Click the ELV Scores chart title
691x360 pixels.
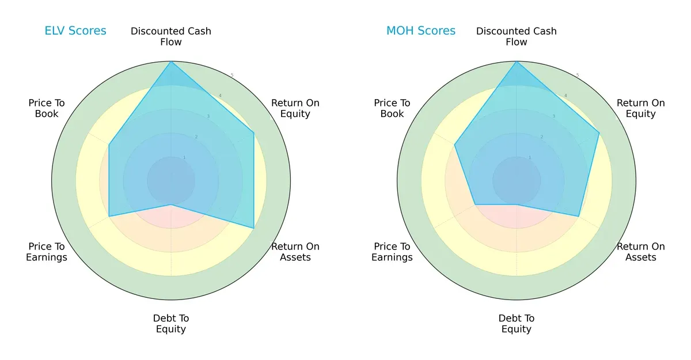tap(75, 31)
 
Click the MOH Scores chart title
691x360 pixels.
tap(421, 31)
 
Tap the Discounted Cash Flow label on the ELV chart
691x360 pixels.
tap(171, 36)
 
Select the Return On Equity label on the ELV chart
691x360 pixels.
tap(295, 108)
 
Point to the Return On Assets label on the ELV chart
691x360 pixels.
tap(295, 252)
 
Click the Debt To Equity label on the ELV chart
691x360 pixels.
tap(171, 324)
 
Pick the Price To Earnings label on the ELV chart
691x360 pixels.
tap(47, 252)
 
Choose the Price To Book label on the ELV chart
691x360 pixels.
tap(47, 108)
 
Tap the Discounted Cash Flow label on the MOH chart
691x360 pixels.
tap(517, 36)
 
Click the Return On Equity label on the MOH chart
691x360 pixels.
tap(641, 108)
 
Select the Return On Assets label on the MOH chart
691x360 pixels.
tap(641, 252)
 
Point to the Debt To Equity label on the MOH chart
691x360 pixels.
tap(517, 324)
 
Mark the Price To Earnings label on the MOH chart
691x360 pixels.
tap(392, 252)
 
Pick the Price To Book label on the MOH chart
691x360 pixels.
tap(392, 108)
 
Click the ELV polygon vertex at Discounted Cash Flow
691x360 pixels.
tap(171, 62)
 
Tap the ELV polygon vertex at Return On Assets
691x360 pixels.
tap(254, 228)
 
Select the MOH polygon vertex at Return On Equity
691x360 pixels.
tap(599, 133)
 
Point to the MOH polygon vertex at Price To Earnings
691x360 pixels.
tap(475, 204)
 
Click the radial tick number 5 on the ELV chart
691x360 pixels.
tap(232, 75)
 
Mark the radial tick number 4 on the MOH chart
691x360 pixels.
tap(565, 96)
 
